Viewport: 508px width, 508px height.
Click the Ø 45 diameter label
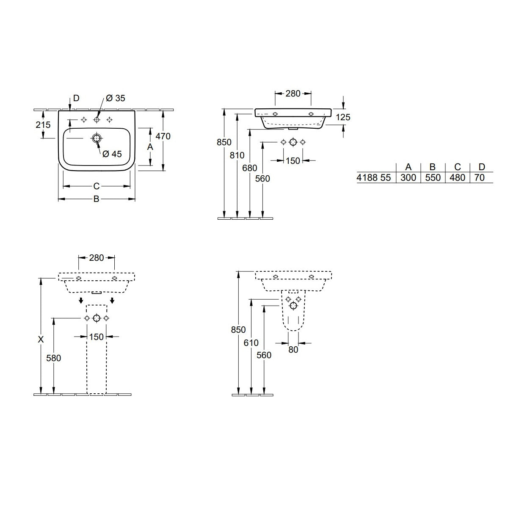[112, 154]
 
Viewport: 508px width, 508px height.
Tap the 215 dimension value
[43, 125]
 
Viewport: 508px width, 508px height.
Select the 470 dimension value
[163, 136]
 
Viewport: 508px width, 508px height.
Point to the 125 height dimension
[343, 117]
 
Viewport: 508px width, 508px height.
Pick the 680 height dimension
[250, 168]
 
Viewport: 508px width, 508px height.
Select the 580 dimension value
[53, 358]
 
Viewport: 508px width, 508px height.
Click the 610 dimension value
[251, 343]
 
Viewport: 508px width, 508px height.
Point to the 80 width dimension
[293, 350]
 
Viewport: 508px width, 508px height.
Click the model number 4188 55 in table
[374, 178]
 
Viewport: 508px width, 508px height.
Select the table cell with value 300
[408, 178]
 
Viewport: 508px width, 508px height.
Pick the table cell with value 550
[433, 178]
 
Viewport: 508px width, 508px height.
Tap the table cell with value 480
[457, 178]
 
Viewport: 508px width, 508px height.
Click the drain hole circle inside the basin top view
[97, 138]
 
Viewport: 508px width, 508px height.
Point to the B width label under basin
[96, 199]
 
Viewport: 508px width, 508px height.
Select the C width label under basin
[96, 186]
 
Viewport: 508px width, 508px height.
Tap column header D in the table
[481, 167]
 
